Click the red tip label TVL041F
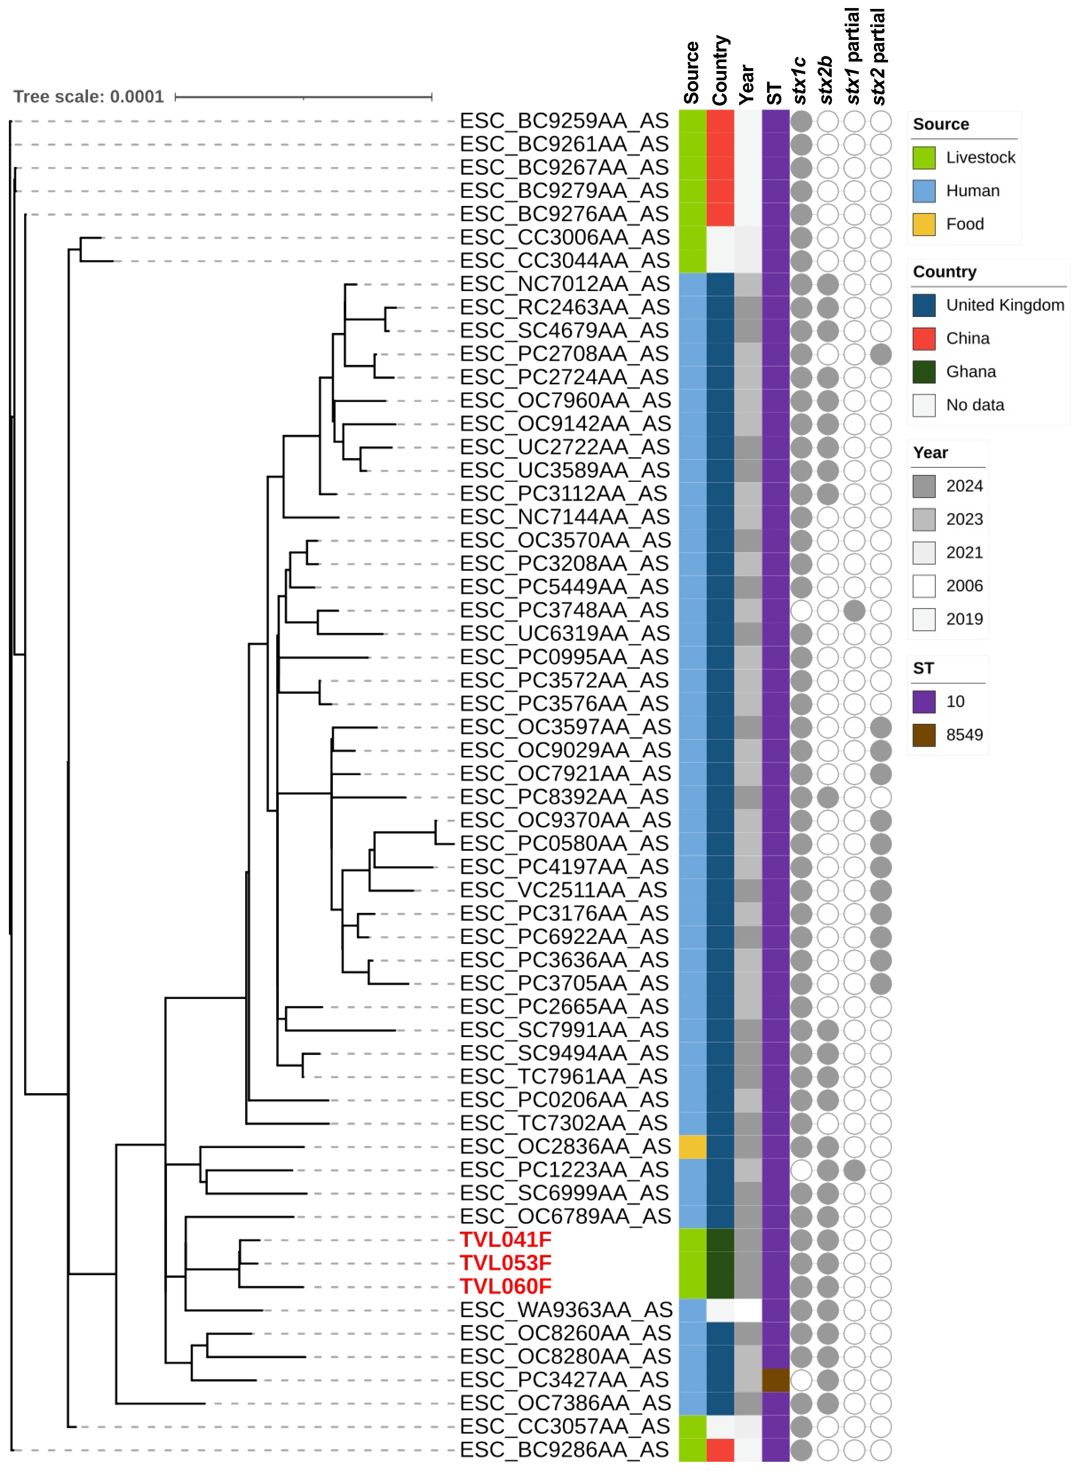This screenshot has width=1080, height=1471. (505, 1240)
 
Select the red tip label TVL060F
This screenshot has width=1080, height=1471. (505, 1286)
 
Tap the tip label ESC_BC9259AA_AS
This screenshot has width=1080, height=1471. (564, 121)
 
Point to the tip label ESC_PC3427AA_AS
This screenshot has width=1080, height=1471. (564, 1380)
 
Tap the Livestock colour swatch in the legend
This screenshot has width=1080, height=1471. (924, 158)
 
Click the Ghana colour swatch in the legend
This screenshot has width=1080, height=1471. (924, 371)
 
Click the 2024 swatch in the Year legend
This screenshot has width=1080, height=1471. (924, 486)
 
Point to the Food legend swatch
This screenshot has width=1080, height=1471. (924, 224)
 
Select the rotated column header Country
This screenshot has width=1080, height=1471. (720, 71)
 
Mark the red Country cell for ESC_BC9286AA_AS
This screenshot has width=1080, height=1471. (720, 1449)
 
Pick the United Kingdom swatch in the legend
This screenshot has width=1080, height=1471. (924, 305)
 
